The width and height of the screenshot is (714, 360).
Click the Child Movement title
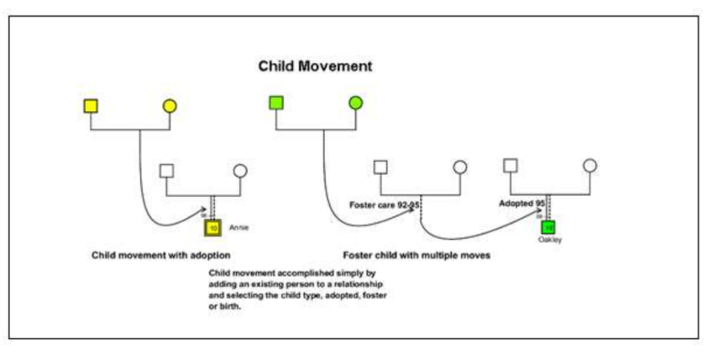315,66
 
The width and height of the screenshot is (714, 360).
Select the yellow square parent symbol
90,106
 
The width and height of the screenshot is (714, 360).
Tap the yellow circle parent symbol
169,106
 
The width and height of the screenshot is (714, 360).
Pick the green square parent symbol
276,103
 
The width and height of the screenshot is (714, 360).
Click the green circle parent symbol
356,103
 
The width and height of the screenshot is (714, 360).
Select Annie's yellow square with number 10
212,228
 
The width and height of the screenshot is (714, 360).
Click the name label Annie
239,227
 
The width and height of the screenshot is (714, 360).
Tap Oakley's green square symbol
548,227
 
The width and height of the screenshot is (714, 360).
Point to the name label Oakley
550,240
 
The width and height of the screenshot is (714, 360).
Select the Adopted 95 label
521,203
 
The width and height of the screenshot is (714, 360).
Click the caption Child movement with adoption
161,255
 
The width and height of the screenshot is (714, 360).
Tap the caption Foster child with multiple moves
416,255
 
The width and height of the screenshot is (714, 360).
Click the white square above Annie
166,170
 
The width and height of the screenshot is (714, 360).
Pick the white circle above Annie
240,171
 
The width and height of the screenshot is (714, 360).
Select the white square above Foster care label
380,166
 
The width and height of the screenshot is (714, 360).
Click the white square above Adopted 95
511,165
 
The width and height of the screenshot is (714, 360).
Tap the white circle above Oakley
590,166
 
